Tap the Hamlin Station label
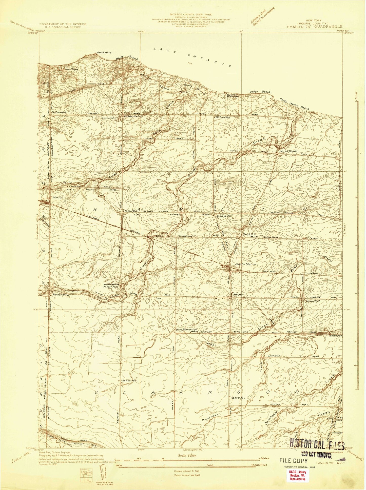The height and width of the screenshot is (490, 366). point(246,264)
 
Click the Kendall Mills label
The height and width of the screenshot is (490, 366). point(61,295)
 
